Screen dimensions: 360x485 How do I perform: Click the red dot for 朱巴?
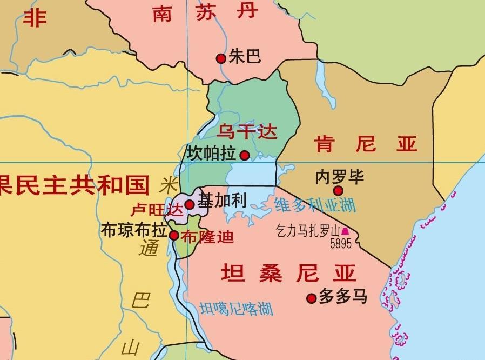pyautogui.click(x=220, y=58)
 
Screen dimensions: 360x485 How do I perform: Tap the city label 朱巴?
pyautogui.click(x=245, y=56)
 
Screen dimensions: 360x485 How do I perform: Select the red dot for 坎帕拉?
pyautogui.click(x=245, y=156)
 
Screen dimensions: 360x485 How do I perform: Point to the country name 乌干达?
pyautogui.click(x=246, y=131)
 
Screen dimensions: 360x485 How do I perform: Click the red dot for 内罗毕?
pyautogui.click(x=338, y=190)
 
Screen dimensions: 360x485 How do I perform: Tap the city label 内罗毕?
pyautogui.click(x=340, y=177)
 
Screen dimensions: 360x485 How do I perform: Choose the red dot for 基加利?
pyautogui.click(x=190, y=204)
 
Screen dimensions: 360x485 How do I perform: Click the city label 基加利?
pyautogui.click(x=222, y=201)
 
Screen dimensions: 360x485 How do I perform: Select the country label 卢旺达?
pyautogui.click(x=157, y=209)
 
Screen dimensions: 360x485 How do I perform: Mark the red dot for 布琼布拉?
pyautogui.click(x=174, y=235)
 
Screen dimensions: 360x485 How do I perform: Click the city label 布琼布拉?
pyautogui.click(x=133, y=230)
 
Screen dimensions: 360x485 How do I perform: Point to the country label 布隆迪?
pyautogui.click(x=207, y=236)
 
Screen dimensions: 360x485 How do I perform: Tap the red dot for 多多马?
pyautogui.click(x=311, y=298)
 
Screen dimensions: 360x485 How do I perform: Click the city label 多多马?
pyautogui.click(x=343, y=296)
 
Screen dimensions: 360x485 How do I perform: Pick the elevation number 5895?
pyautogui.click(x=341, y=243)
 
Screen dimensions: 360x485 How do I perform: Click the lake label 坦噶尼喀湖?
pyautogui.click(x=236, y=309)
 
